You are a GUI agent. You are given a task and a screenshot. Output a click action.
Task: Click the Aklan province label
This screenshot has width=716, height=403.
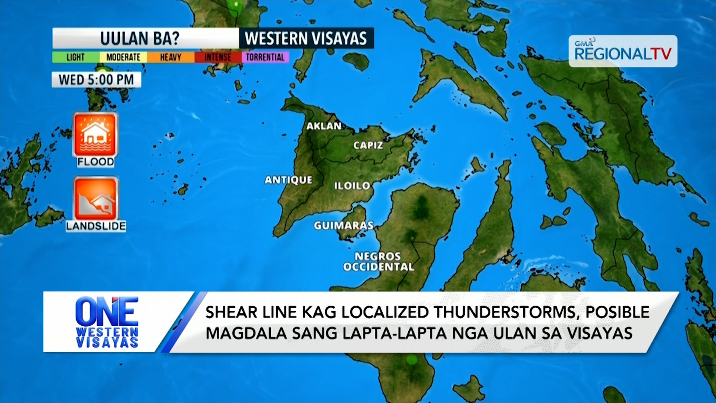click(x=324, y=126)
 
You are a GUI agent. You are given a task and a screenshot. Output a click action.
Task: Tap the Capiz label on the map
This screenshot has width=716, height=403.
click(x=368, y=145)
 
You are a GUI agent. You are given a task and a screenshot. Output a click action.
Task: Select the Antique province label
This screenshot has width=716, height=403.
click(x=288, y=180)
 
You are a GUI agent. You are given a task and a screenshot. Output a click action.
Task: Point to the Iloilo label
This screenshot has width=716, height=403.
click(x=352, y=185)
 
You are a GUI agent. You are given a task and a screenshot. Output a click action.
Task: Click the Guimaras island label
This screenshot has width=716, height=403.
click(x=343, y=225)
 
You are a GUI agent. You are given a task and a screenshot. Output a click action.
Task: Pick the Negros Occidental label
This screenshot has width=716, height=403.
click(x=378, y=262)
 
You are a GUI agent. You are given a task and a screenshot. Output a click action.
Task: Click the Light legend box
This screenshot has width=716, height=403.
click(x=76, y=57)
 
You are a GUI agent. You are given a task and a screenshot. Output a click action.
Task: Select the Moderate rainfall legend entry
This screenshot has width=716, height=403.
click(x=123, y=57)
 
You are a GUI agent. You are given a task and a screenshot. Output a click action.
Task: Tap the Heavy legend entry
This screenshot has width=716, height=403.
click(x=170, y=57)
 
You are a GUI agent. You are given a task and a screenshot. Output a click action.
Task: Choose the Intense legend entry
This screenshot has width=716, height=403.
click(x=218, y=57)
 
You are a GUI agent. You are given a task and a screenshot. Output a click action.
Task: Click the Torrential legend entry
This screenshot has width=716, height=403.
click(x=265, y=57)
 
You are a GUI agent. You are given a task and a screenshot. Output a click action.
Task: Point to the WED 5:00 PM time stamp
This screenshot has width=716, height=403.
click(x=96, y=79)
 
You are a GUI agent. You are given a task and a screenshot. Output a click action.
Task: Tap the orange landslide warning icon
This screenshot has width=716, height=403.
click(x=96, y=199)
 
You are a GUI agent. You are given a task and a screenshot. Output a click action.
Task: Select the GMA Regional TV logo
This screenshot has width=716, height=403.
click(x=623, y=51)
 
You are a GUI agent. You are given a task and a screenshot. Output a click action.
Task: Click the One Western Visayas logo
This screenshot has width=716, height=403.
click(x=107, y=322)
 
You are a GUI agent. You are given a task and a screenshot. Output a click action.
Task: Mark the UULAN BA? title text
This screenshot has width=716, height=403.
click(x=140, y=38)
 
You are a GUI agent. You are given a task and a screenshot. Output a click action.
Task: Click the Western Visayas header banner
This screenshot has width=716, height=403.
click(x=306, y=38)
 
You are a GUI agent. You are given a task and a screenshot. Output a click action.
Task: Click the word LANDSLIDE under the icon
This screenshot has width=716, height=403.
click(x=96, y=226)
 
